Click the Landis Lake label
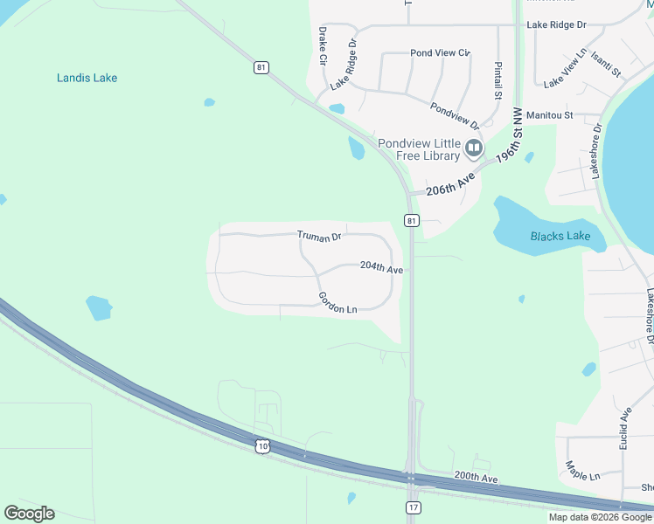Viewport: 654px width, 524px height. (x=87, y=78)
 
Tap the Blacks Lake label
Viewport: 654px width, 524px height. (x=560, y=236)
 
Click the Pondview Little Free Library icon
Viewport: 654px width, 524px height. (x=474, y=148)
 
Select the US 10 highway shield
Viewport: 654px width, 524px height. (x=263, y=446)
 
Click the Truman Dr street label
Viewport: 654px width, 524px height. (x=318, y=236)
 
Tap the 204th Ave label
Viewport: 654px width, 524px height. (x=381, y=268)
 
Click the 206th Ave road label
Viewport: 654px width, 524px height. (x=449, y=184)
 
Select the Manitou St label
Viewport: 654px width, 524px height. (x=549, y=114)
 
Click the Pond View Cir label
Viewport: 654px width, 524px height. (x=441, y=53)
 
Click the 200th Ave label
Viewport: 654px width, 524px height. (x=476, y=479)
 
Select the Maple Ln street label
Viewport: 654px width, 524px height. (x=582, y=471)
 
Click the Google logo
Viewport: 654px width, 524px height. (x=29, y=514)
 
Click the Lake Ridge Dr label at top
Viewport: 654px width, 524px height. (x=556, y=25)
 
